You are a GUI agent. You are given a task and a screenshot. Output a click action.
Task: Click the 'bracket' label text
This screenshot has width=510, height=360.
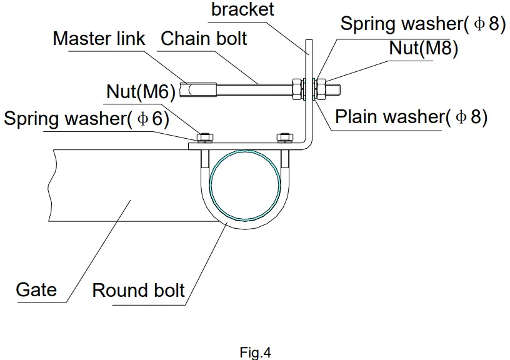(242, 9)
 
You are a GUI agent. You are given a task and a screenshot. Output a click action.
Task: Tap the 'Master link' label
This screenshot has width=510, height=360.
(99, 39)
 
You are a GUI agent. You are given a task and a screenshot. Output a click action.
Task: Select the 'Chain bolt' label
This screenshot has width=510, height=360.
(204, 39)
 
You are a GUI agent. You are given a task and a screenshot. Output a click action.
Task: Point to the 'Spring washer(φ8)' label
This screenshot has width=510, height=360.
(423, 24)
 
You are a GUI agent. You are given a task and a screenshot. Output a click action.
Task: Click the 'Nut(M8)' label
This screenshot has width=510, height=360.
(424, 48)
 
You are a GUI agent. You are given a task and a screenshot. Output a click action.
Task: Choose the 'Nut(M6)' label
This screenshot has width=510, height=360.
(141, 91)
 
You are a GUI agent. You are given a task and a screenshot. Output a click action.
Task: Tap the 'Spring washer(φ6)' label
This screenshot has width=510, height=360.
(86, 118)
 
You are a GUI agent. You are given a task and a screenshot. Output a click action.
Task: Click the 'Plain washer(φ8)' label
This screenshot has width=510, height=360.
(411, 116)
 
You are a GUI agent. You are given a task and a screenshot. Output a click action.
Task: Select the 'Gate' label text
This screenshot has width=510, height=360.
(36, 289)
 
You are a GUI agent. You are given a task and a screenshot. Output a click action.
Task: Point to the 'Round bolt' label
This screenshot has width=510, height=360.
(139, 290)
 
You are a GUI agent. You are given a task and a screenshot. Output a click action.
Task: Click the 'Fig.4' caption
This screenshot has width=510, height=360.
(256, 352)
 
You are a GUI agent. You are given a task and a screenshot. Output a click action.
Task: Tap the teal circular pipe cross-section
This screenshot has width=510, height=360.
(245, 185)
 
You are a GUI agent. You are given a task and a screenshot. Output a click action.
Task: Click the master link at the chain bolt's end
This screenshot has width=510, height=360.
(198, 90)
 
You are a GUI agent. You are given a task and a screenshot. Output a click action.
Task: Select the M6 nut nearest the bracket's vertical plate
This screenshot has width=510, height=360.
(284, 137)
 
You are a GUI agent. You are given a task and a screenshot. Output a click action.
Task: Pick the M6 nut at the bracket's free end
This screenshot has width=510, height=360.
(205, 137)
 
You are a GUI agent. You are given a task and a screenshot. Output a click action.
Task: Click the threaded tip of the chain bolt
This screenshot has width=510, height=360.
(334, 89)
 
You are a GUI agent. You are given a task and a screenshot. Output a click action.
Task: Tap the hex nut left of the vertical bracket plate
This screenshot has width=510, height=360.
(297, 89)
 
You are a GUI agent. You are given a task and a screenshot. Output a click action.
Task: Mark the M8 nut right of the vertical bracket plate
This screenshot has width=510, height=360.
(321, 89)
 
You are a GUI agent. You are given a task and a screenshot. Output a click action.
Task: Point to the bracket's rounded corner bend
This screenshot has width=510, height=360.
(308, 145)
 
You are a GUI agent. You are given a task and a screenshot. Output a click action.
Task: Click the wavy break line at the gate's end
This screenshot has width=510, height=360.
(51, 186)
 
